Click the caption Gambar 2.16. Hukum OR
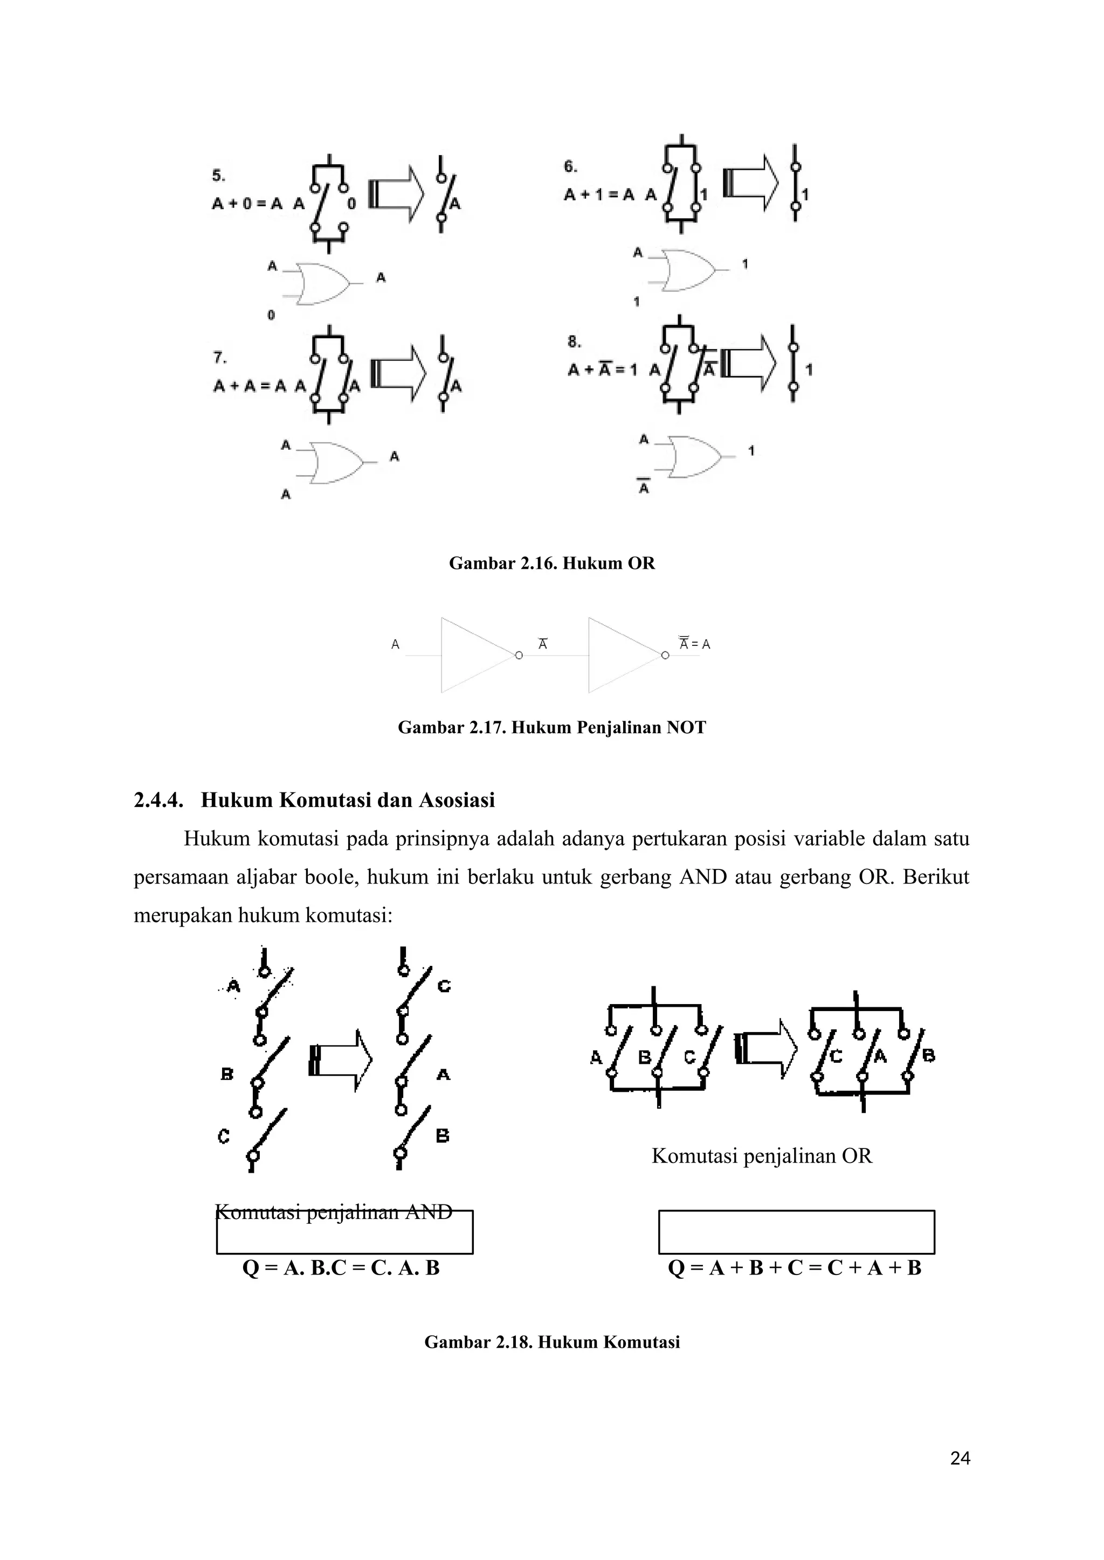[x=551, y=563]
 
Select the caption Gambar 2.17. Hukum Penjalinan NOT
[x=551, y=728]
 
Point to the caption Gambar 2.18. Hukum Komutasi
[x=551, y=1342]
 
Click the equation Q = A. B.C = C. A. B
[x=341, y=1268]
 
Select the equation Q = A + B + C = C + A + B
[x=794, y=1268]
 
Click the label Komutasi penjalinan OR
[x=761, y=1156]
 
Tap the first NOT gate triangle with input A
[x=476, y=655]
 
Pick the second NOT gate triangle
[x=623, y=655]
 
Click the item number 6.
[x=570, y=166]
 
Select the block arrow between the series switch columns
[x=341, y=1061]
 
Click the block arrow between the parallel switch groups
[x=765, y=1049]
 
